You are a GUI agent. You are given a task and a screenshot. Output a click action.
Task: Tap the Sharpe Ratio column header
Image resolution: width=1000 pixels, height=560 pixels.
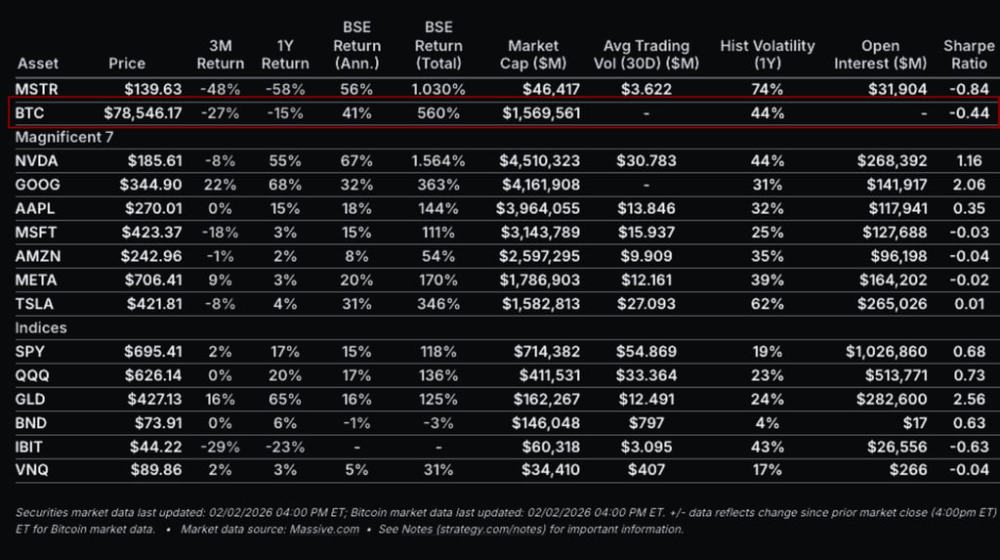tap(968, 54)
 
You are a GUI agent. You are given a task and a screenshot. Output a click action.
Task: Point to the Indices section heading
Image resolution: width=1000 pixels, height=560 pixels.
tap(41, 327)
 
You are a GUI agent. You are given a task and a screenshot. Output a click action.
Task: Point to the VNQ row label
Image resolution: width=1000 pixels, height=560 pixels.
tap(33, 470)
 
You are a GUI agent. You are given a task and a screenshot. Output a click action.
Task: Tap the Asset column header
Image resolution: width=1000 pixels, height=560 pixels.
tap(38, 64)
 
